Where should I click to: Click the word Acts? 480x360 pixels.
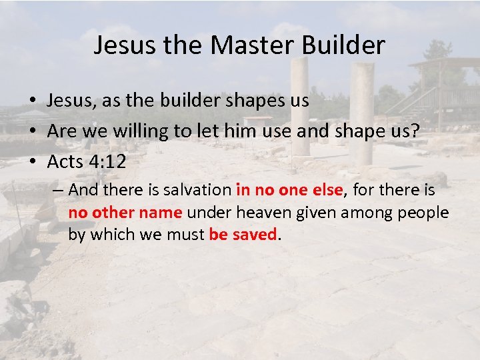click(65, 161)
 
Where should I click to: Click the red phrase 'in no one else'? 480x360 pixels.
click(289, 191)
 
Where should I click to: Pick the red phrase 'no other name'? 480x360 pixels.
click(125, 213)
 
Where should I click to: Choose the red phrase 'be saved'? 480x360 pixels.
click(242, 235)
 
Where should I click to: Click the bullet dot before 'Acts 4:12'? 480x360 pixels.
click(32, 161)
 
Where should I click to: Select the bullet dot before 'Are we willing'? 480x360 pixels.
click(32, 131)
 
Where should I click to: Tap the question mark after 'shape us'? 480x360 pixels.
click(415, 131)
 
